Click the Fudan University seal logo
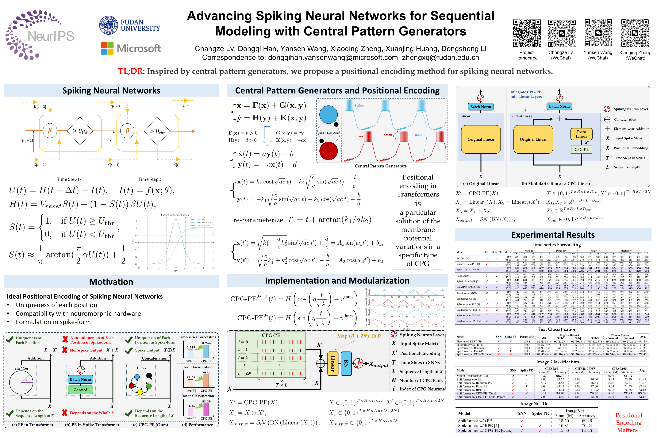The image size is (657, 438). click(x=109, y=25)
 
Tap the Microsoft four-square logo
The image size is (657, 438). click(x=107, y=48)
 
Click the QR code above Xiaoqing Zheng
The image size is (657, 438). click(x=634, y=33)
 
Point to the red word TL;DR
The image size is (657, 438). click(x=130, y=71)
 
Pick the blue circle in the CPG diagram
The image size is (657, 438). click(x=328, y=114)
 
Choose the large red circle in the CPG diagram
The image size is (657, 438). click(x=328, y=151)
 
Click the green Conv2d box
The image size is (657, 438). click(x=80, y=390)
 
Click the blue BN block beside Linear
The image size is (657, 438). click(x=346, y=363)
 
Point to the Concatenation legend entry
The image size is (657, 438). click(x=625, y=120)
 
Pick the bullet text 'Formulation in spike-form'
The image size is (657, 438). click(x=53, y=322)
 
